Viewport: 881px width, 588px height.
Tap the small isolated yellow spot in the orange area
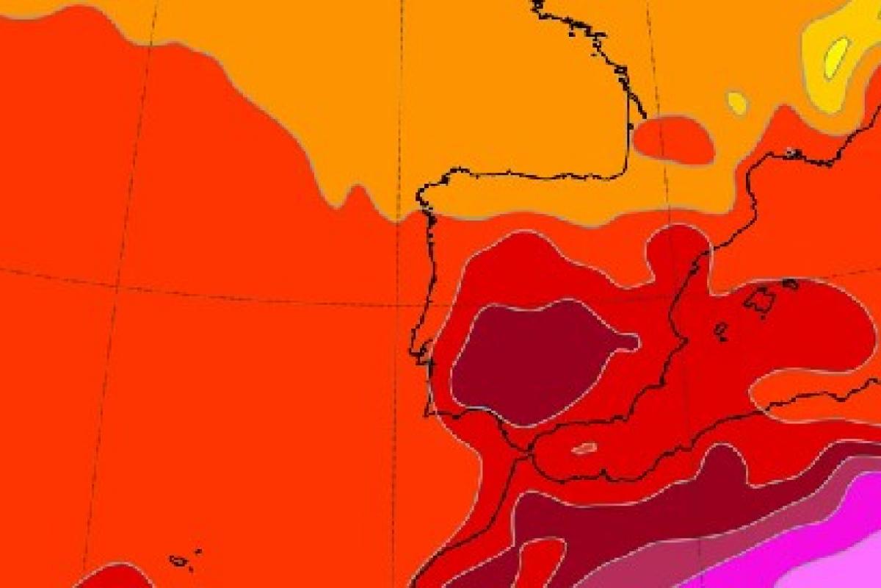point(736,102)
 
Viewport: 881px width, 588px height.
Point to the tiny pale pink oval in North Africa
point(583,448)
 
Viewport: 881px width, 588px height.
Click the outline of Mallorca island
point(760,301)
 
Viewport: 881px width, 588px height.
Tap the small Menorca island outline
point(790,283)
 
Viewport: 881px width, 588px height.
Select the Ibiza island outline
point(721,331)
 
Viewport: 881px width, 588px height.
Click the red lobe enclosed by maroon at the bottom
point(540,562)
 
